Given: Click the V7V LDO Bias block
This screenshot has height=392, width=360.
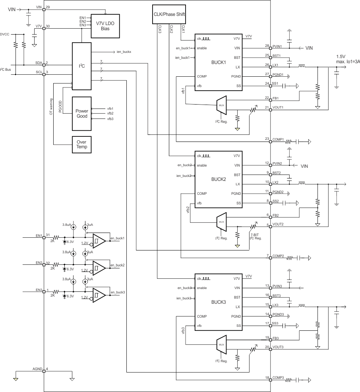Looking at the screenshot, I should pyautogui.click(x=105, y=25).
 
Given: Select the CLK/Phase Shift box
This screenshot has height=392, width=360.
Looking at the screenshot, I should pyautogui.click(x=169, y=15).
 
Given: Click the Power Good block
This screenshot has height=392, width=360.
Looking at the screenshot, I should pyautogui.click(x=81, y=113).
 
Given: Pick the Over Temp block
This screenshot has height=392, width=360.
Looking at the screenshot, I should pyautogui.click(x=81, y=145).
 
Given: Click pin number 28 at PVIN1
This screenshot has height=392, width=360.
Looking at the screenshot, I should pyautogui.click(x=267, y=45).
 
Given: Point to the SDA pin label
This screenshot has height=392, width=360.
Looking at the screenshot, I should pyautogui.click(x=39, y=62).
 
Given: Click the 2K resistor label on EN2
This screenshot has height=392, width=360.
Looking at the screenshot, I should pyautogui.click(x=52, y=268).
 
